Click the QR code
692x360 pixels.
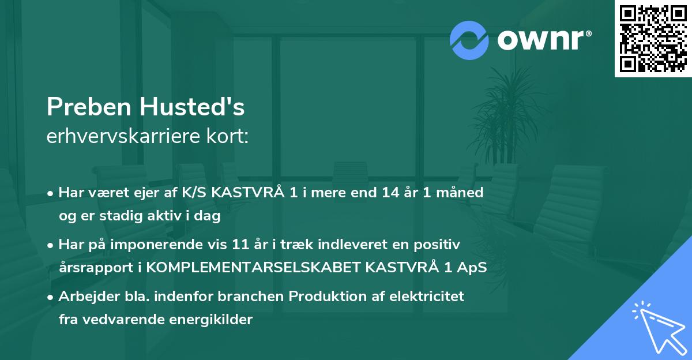653,39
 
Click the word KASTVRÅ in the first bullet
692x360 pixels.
249,193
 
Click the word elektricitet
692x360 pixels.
428,297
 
